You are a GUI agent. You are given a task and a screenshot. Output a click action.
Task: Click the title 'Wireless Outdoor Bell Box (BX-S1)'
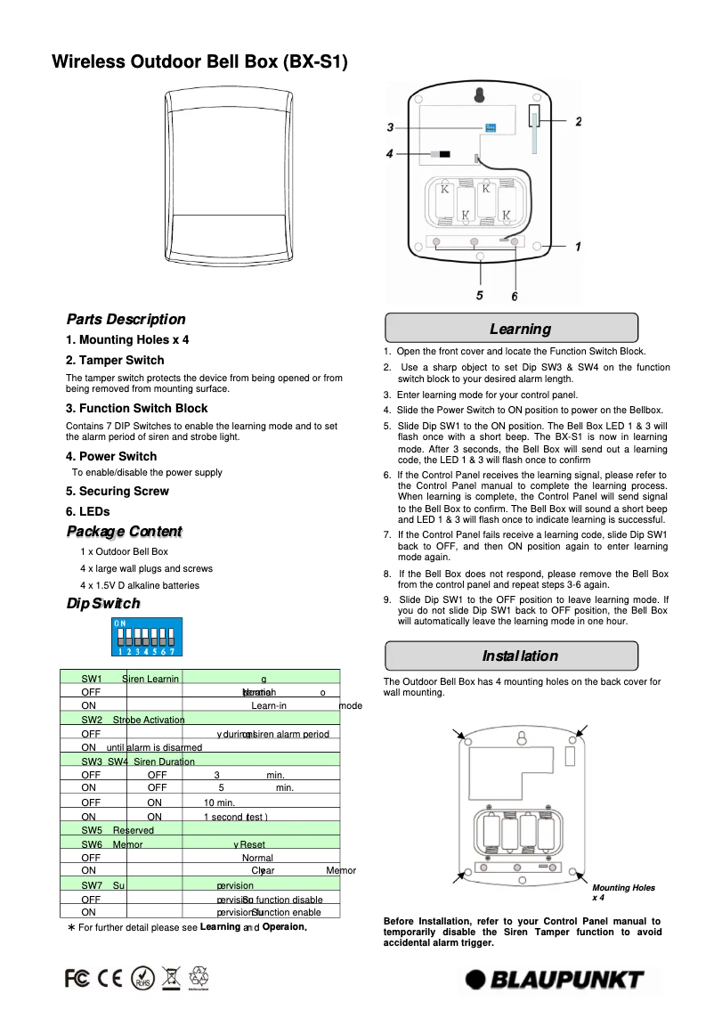[x=199, y=62]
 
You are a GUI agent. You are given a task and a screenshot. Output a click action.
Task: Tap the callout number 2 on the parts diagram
[x=578, y=121]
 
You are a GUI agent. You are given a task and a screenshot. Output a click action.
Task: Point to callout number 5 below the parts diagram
[x=479, y=295]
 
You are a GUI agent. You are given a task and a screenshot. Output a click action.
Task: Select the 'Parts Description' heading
[x=126, y=320]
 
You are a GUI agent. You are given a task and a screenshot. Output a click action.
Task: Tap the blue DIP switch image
[x=142, y=639]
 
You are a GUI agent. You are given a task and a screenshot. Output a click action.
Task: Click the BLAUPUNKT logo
[x=555, y=980]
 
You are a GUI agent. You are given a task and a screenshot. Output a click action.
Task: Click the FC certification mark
[x=77, y=978]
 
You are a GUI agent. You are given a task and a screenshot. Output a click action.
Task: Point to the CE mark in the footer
[x=110, y=978]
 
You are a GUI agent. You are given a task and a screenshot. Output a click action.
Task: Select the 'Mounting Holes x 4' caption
[x=623, y=892]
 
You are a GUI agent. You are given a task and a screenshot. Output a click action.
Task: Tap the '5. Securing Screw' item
[x=117, y=492]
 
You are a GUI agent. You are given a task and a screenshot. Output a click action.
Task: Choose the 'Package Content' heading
[x=125, y=532]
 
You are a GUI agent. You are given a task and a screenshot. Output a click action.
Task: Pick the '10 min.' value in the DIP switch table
[x=219, y=803]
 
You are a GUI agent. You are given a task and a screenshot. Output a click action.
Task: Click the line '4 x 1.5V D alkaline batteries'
[x=139, y=585]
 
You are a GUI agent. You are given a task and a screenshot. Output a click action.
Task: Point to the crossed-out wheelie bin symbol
[x=172, y=978]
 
